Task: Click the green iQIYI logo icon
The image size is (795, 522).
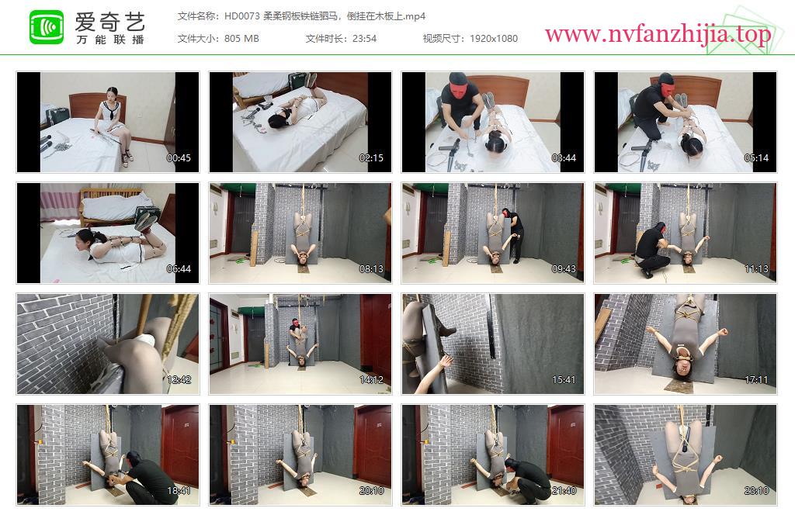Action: coord(47,27)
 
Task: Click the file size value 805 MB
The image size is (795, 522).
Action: coord(241,39)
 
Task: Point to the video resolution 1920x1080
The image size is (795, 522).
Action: coord(493,39)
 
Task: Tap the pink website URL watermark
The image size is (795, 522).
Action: coord(658,34)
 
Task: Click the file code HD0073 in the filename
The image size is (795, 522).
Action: coord(242,16)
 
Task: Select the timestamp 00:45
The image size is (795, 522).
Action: coord(179,158)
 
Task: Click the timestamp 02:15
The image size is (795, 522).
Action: coord(371,158)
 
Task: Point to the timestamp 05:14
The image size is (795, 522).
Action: coord(756,158)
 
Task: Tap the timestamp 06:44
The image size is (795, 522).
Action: coord(179,269)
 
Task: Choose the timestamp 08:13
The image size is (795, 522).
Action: coord(371,269)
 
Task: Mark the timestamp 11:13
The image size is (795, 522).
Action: coord(756,269)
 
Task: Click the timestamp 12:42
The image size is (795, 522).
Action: coord(179,380)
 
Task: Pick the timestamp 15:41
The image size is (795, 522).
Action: coord(564,380)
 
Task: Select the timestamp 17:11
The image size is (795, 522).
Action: coord(756,380)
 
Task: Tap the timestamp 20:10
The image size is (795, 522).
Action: coord(371,491)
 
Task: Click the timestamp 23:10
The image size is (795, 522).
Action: coord(756,491)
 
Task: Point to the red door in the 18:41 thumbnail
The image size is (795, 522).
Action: coord(180,441)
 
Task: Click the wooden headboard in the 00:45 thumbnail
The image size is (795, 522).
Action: coord(92,104)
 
